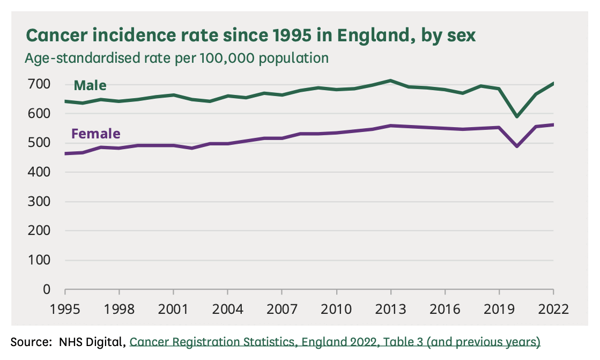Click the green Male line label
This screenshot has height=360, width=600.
(x=90, y=85)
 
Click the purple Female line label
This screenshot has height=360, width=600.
(x=95, y=134)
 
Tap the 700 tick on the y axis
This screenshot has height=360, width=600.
(x=40, y=84)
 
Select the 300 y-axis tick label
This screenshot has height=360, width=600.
(x=40, y=202)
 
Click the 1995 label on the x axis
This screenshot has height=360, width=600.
(x=65, y=310)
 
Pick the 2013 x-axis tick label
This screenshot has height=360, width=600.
(x=391, y=310)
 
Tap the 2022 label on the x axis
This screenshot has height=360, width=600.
(x=553, y=310)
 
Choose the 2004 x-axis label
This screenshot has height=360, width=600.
(x=228, y=310)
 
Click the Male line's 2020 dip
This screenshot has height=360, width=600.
(x=517, y=116)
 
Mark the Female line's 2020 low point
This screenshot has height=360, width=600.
(x=517, y=146)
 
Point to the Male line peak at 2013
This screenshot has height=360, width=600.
(x=391, y=80)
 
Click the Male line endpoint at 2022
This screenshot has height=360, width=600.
(x=553, y=83)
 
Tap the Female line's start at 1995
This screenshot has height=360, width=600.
(x=65, y=153)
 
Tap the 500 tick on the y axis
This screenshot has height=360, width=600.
(x=40, y=143)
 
